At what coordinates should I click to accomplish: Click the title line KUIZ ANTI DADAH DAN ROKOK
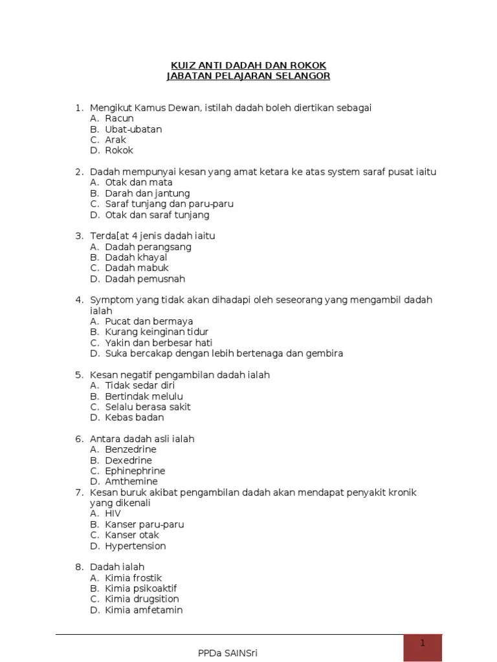pos(248,65)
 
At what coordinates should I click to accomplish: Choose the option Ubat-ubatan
pos(133,129)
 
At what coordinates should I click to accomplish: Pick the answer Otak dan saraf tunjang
pos(157,215)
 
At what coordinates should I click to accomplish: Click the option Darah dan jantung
pos(148,193)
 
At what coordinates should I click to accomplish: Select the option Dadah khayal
pos(136,257)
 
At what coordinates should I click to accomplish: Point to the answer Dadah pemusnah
pos(145,279)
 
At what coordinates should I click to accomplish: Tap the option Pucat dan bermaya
pos(149,321)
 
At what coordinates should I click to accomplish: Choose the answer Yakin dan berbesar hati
pos(159,343)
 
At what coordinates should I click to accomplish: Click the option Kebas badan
pos(135,417)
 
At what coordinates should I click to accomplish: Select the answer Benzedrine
pos(131,449)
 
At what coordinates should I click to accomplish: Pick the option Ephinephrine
pos(135,471)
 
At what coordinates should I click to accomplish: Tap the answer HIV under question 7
pos(113,513)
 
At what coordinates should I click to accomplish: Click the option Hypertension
pos(135,546)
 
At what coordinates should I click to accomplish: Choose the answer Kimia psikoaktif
pos(140,588)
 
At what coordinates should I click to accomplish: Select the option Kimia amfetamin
pos(144,610)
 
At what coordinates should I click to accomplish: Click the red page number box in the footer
pos(423,647)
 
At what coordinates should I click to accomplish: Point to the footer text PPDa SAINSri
pos(228,653)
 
